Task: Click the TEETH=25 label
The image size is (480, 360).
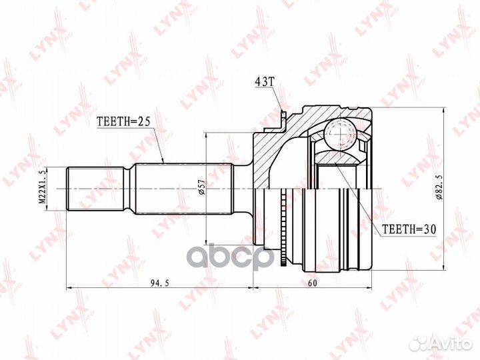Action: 123,122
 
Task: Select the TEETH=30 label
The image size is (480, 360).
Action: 409,229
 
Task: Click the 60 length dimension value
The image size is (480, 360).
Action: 313,283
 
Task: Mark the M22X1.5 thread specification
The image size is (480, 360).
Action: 43,189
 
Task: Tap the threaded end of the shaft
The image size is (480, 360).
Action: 96,189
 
